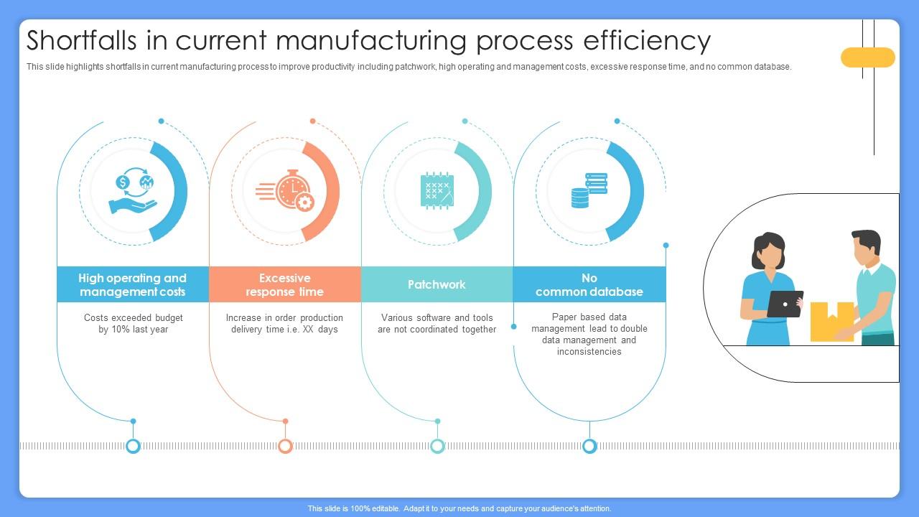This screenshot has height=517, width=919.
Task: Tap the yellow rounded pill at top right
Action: click(x=867, y=57)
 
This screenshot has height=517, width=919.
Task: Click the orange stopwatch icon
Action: click(x=286, y=192)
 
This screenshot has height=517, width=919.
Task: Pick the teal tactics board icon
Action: click(x=437, y=191)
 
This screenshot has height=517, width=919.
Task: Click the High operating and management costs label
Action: click(x=132, y=285)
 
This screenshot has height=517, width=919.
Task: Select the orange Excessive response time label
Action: click(x=284, y=285)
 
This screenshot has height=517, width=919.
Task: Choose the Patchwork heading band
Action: click(x=437, y=285)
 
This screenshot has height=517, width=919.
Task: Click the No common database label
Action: click(x=589, y=285)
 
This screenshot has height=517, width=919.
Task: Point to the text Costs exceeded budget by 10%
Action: click(x=133, y=324)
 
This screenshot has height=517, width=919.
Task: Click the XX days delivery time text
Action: click(x=284, y=324)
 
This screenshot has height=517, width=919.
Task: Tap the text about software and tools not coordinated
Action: click(x=437, y=324)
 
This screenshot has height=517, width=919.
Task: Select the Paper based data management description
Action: click(x=589, y=335)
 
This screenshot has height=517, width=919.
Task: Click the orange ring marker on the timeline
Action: click(x=285, y=446)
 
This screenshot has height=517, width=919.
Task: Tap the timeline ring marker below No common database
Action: click(x=589, y=446)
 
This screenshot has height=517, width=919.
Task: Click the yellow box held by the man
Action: click(x=831, y=321)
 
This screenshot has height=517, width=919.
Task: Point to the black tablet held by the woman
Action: click(x=784, y=304)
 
